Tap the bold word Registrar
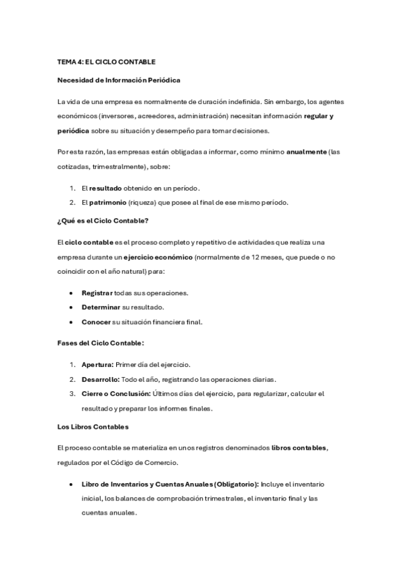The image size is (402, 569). click(97, 293)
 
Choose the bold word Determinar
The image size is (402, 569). click(101, 307)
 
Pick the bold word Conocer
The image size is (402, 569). click(96, 321)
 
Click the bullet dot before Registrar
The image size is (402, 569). click(72, 293)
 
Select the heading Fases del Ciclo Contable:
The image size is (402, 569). click(101, 344)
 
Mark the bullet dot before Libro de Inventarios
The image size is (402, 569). click(72, 484)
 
